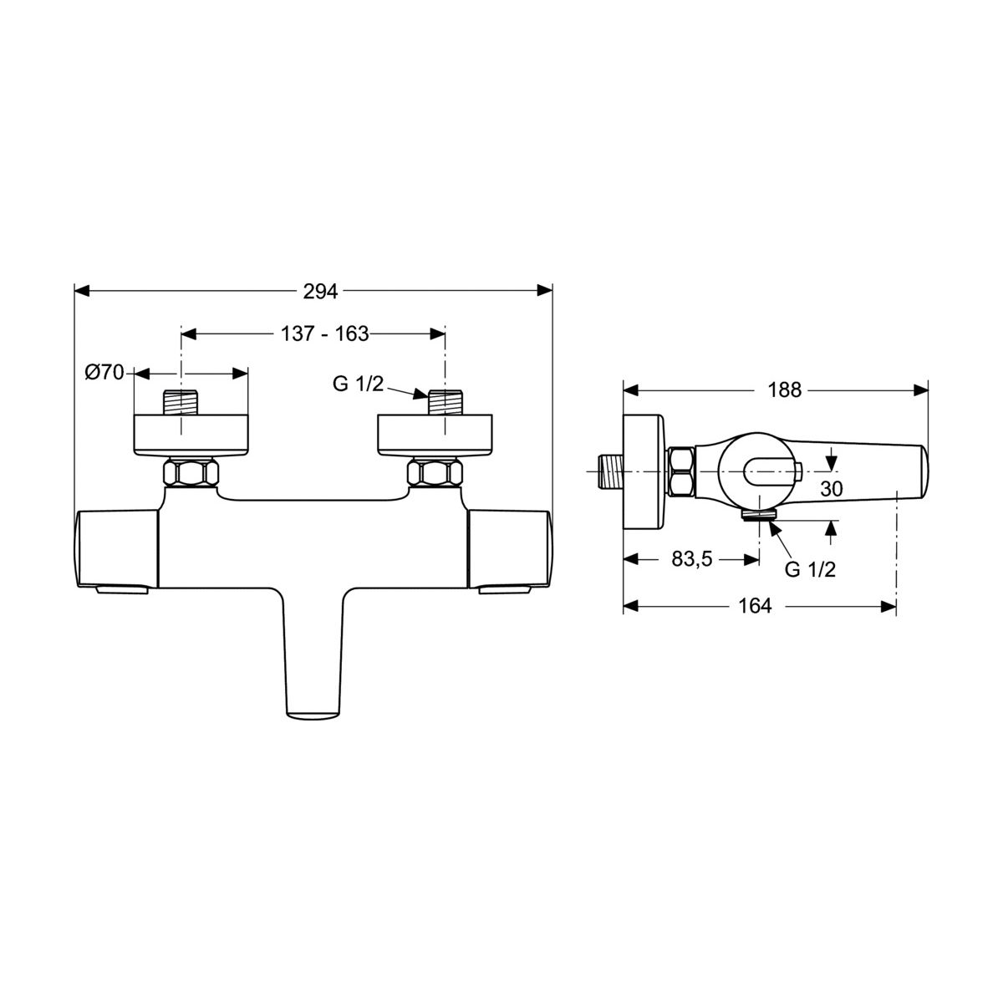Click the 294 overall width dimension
320,292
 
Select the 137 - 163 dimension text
324,333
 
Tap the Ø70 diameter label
104,372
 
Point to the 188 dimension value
785,389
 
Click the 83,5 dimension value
692,559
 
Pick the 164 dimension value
755,606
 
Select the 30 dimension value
831,489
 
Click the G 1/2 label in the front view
358,384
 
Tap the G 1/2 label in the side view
811,569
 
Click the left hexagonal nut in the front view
191,472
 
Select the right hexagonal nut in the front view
435,472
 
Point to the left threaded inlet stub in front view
181,402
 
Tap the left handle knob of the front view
118,550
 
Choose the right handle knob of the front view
510,550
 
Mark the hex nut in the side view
681,471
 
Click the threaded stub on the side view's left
610,471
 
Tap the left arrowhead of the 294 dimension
82,291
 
